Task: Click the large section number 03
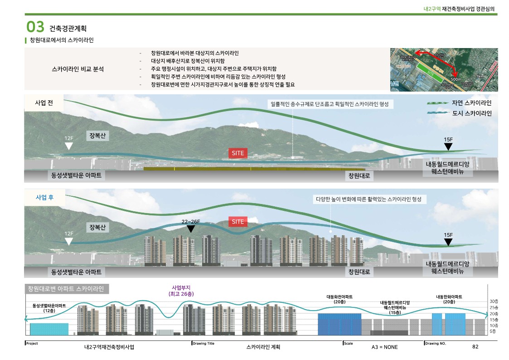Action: tap(35, 27)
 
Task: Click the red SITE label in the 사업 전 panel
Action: tap(238, 153)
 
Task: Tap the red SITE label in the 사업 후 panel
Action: tap(238, 222)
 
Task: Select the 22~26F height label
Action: tap(191, 221)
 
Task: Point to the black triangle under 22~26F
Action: tap(191, 229)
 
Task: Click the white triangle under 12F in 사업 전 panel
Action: tap(68, 146)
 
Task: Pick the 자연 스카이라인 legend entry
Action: tap(471, 103)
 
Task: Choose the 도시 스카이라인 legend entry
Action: tap(471, 113)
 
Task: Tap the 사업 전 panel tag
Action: tap(44, 102)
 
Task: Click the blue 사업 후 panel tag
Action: tap(44, 198)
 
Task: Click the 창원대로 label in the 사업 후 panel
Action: tap(359, 272)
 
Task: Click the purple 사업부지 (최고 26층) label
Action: tap(181, 291)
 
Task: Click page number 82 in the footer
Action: tap(475, 347)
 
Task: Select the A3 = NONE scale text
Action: tap(384, 347)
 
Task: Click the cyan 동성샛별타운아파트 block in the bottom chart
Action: tap(49, 329)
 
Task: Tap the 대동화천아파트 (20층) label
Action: tap(339, 299)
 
